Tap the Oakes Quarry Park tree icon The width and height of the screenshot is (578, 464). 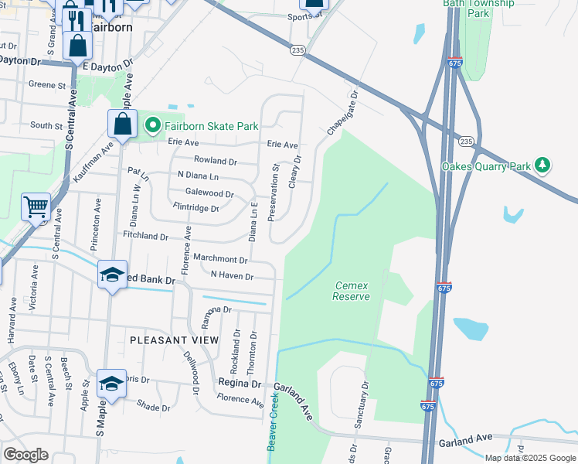(543, 165)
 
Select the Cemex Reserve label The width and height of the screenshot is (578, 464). (350, 291)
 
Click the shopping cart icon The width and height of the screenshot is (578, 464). (36, 206)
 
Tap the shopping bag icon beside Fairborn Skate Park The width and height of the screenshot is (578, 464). (123, 123)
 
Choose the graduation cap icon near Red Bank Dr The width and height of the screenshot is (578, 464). (112, 275)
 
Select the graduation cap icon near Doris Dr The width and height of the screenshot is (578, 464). (112, 383)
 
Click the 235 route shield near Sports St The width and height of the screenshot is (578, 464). (299, 49)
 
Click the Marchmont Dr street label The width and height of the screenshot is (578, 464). (220, 260)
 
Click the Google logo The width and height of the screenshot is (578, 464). (25, 455)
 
